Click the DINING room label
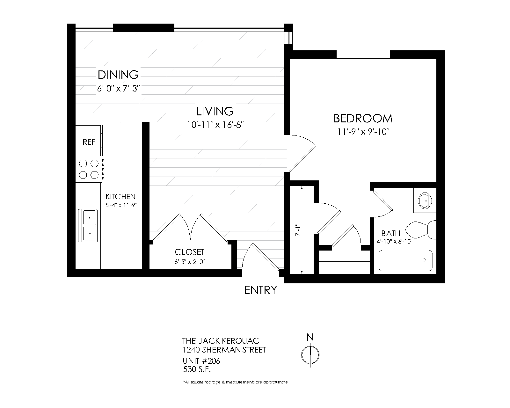[118, 75]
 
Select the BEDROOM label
[363, 119]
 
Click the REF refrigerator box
[89, 142]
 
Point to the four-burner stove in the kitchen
[89, 169]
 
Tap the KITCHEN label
[120, 197]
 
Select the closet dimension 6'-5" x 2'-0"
[189, 262]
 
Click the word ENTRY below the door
[260, 290]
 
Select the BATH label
[390, 234]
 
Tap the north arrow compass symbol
[310, 354]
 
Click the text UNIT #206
[201, 361]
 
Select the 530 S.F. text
[197, 369]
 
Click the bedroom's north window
[363, 55]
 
